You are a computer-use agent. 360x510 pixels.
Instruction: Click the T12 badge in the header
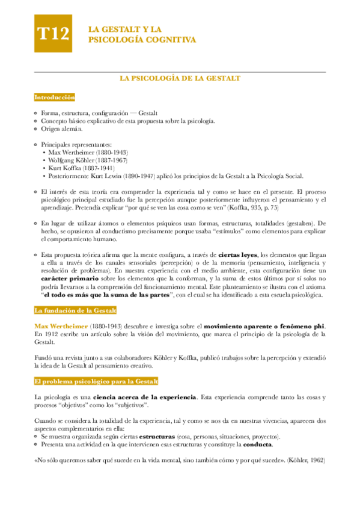(x=53, y=34)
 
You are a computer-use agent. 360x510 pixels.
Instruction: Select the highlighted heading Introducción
(x=55, y=97)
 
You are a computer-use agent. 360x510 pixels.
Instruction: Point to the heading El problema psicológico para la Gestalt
(x=96, y=381)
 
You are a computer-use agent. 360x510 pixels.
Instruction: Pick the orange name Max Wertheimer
(x=60, y=325)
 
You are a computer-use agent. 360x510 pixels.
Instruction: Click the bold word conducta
(x=257, y=444)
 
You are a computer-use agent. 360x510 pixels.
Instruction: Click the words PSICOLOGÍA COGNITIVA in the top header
(x=142, y=40)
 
